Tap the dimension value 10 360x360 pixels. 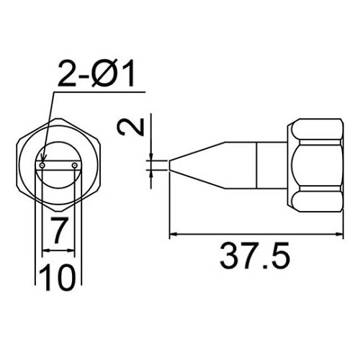(x=58, y=276)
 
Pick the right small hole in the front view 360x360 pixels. (x=76, y=167)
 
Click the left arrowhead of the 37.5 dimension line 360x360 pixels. (x=172, y=235)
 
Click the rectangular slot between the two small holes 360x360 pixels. (x=59, y=167)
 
